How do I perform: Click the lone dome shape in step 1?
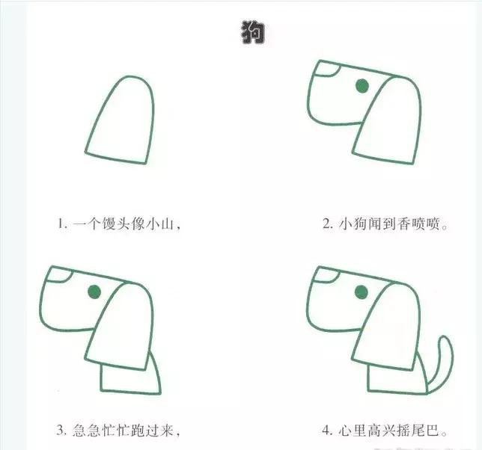point(121,120)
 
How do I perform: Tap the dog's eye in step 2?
point(362,87)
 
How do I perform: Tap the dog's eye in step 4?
point(361,292)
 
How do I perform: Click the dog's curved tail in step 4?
point(445,359)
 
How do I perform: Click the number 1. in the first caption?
point(63,224)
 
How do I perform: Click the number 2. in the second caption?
point(327,224)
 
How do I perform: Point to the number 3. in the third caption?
point(63,430)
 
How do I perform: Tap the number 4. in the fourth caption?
point(327,430)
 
